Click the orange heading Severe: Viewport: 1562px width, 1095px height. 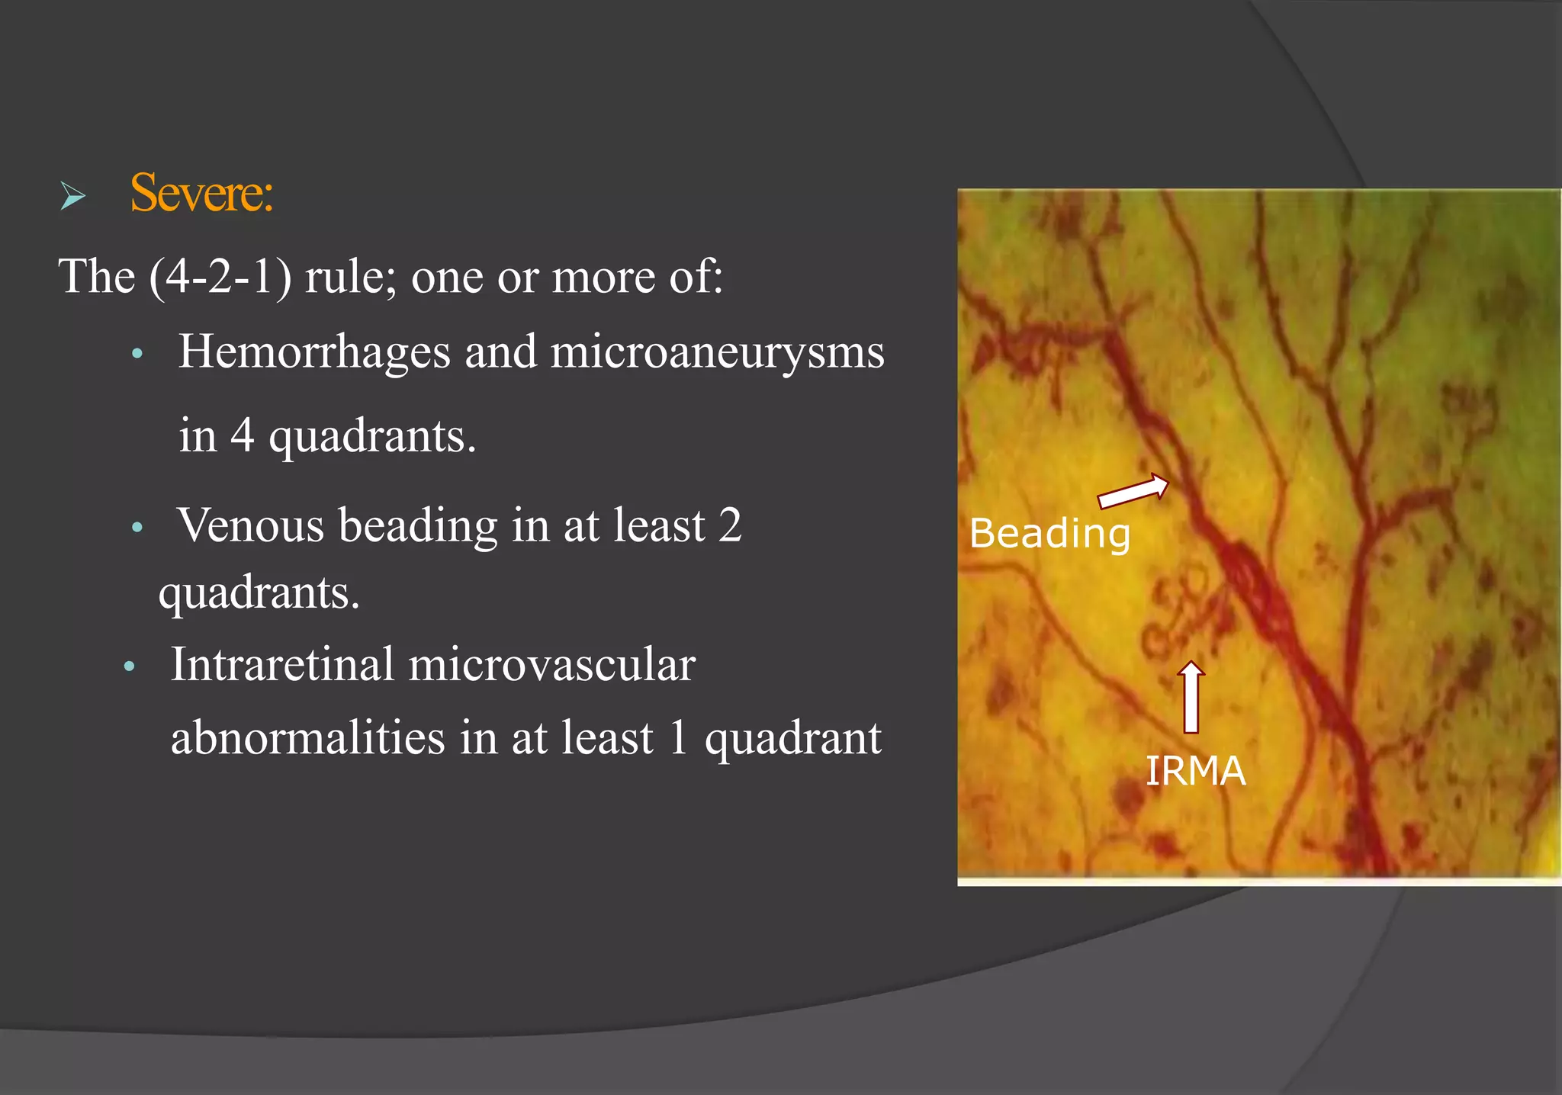201,194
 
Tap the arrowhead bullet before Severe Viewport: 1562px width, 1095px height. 73,197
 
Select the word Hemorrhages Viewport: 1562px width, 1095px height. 314,352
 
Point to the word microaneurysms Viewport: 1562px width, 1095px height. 717,354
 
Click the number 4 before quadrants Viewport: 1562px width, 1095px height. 242,436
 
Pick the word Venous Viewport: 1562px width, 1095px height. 251,526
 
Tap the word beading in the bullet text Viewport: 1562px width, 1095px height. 418,526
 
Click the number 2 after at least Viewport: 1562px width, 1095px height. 730,525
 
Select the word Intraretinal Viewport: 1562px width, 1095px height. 282,664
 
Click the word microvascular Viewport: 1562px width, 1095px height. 551,665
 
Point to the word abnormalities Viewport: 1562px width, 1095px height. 307,738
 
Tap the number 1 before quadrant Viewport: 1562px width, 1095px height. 678,738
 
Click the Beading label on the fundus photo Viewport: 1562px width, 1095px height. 1049,533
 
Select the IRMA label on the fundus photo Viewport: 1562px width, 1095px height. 1195,771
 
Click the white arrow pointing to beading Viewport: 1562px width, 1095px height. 1133,491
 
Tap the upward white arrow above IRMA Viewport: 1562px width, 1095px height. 1191,697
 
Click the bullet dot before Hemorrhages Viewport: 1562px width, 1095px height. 137,354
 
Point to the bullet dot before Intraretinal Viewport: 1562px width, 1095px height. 129,667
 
